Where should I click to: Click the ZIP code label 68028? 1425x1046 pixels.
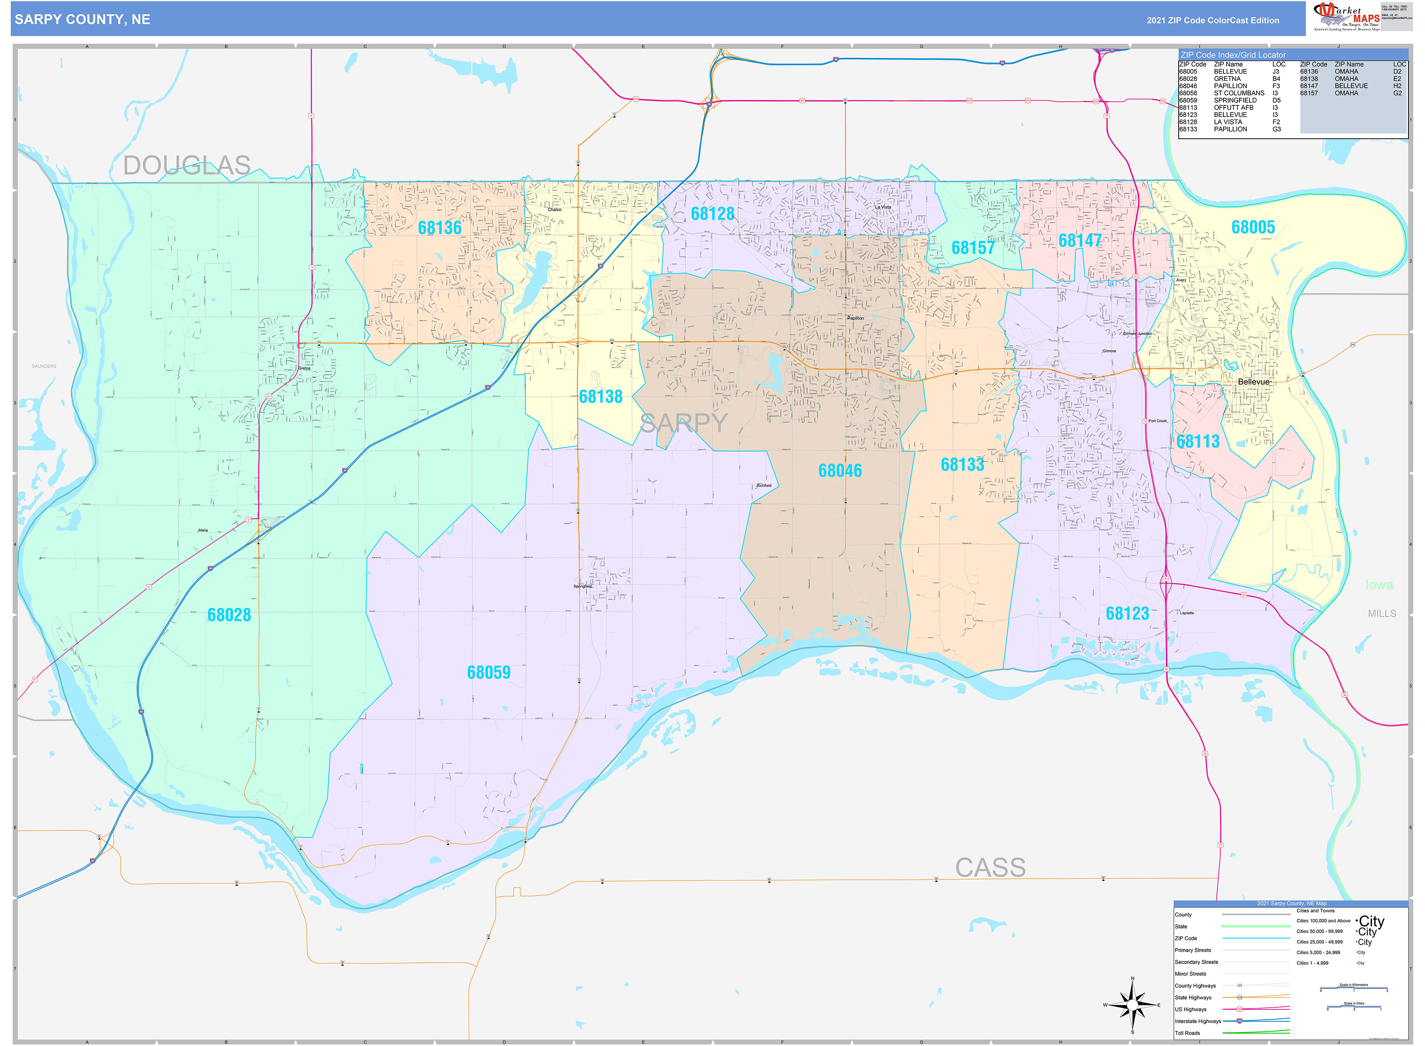tap(229, 615)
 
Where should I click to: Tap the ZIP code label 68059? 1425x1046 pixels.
tap(488, 672)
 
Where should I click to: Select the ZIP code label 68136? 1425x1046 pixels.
tap(439, 228)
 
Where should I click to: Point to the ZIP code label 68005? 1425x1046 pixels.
tap(1253, 227)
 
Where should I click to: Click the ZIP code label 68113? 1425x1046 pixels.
tap(1198, 441)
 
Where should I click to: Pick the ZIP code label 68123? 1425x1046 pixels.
tap(1127, 614)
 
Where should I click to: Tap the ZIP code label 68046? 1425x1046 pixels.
tap(840, 470)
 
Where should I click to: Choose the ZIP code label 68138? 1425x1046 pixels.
tap(600, 397)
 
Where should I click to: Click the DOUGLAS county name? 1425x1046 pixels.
tap(187, 165)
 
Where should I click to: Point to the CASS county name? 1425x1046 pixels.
tap(990, 867)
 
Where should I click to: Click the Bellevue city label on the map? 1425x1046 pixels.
tap(1254, 382)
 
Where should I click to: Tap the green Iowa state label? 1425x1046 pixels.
tap(1379, 585)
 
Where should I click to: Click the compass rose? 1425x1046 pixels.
tap(1132, 1005)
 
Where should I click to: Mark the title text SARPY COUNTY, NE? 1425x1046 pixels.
tap(82, 20)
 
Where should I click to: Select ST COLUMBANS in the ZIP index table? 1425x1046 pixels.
tap(1239, 93)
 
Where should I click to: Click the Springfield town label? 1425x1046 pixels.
tap(582, 586)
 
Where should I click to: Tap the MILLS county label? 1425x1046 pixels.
tap(1381, 614)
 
